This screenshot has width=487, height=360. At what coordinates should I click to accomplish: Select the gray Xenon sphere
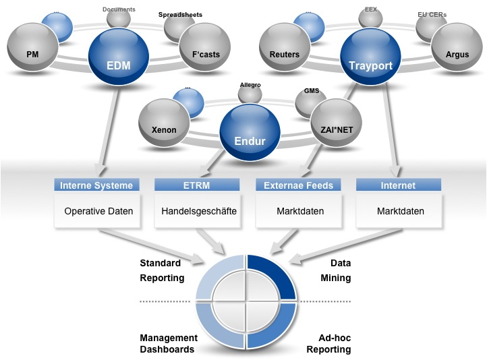165,129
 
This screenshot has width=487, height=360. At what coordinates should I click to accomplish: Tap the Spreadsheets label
180,14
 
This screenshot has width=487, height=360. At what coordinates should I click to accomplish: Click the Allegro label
250,85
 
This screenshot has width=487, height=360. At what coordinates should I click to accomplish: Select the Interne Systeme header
96,185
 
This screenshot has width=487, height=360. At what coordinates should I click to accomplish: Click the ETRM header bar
198,185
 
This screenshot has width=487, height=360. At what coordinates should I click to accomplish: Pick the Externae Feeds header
299,185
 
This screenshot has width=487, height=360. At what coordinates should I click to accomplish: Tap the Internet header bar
398,185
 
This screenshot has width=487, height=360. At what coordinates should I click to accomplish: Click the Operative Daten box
98,211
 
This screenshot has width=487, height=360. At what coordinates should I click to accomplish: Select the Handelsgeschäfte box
199,211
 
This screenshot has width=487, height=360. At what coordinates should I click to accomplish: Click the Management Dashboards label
168,344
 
